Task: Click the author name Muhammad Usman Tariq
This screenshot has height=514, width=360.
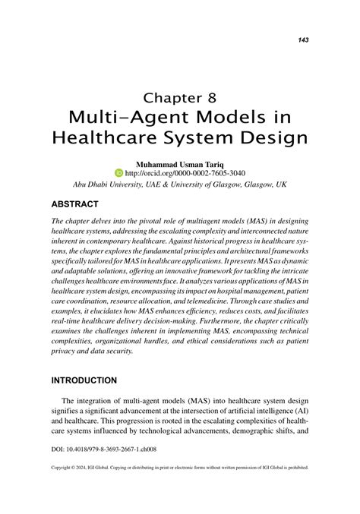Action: [x=179, y=162]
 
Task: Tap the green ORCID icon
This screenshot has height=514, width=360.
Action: [x=118, y=172]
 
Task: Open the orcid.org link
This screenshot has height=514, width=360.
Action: [x=185, y=172]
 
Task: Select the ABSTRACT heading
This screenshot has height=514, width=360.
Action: [x=75, y=204]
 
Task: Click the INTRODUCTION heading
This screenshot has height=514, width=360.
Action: [x=84, y=380]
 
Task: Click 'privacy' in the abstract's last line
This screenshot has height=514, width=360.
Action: [x=65, y=352]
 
